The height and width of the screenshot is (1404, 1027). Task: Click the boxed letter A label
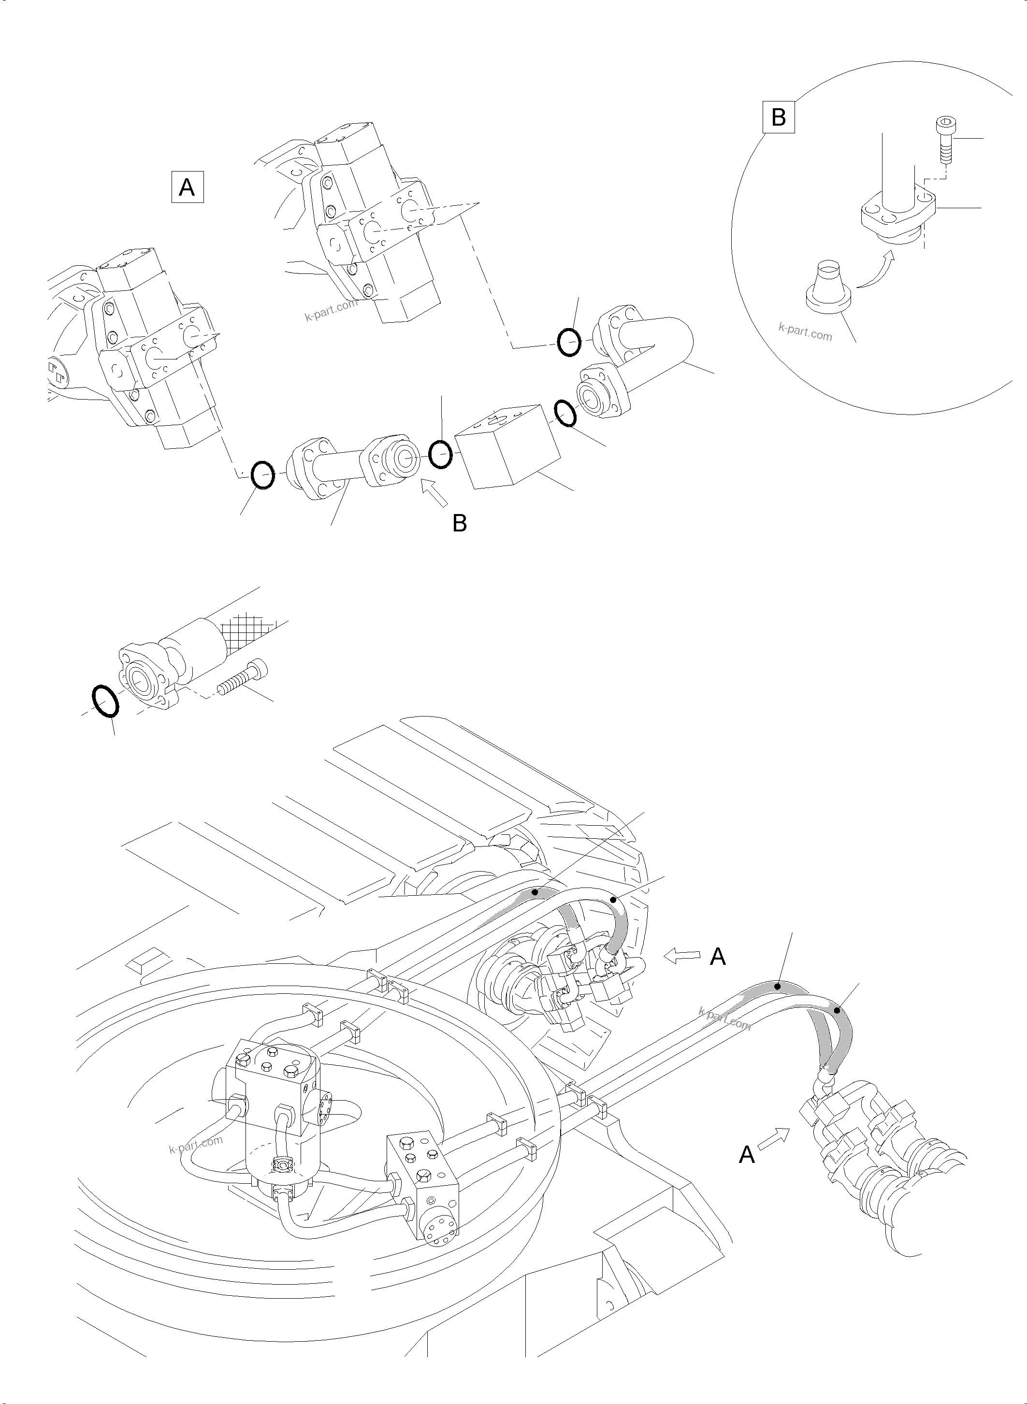[x=187, y=187]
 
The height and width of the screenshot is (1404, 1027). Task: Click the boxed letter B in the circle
[x=778, y=117]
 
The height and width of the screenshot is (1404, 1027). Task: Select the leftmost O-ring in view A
[x=262, y=475]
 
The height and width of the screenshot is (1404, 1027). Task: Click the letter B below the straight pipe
[x=460, y=523]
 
